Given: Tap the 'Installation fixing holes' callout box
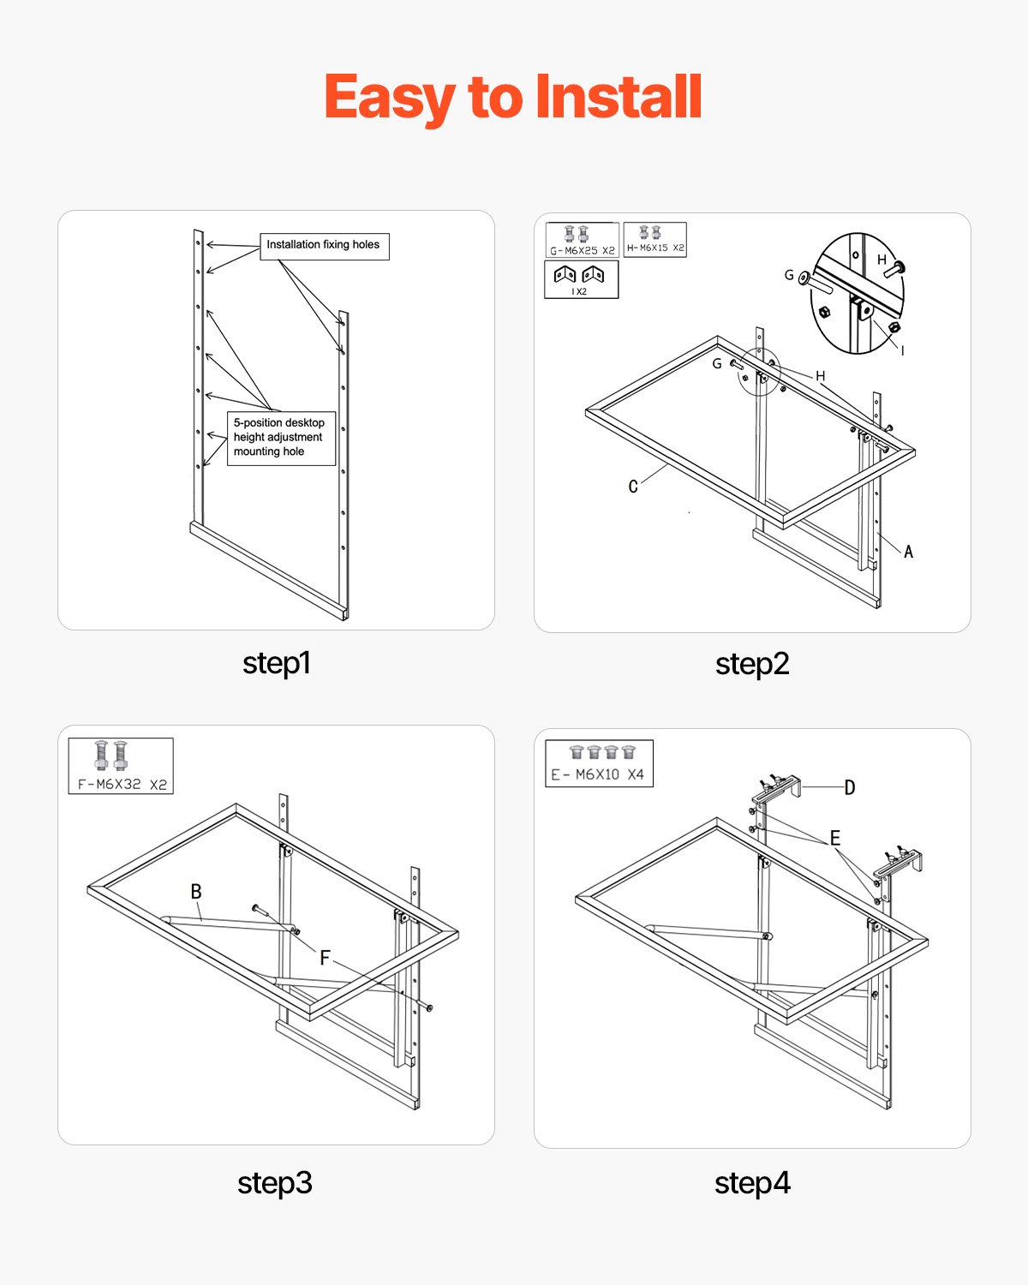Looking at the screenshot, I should point(324,246).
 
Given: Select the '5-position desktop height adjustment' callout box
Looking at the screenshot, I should point(280,438).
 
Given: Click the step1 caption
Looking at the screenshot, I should point(276,663).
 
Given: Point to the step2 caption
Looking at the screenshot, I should point(752,664).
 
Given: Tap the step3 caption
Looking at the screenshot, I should point(275,1183).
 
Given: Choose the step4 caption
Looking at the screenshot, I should point(752,1183).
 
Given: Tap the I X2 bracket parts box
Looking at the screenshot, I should point(581,279).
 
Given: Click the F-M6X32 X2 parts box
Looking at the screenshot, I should point(121,766).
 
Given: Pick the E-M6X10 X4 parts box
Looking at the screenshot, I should point(599,763).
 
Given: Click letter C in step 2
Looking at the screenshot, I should point(633,487).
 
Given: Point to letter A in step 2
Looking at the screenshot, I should point(908,552).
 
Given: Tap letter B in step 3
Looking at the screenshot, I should point(196,892).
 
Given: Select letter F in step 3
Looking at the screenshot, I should point(325,959).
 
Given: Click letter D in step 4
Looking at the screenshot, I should point(849,787).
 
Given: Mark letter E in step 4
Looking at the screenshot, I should point(834,838).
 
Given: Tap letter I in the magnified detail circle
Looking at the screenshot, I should point(902,350).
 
